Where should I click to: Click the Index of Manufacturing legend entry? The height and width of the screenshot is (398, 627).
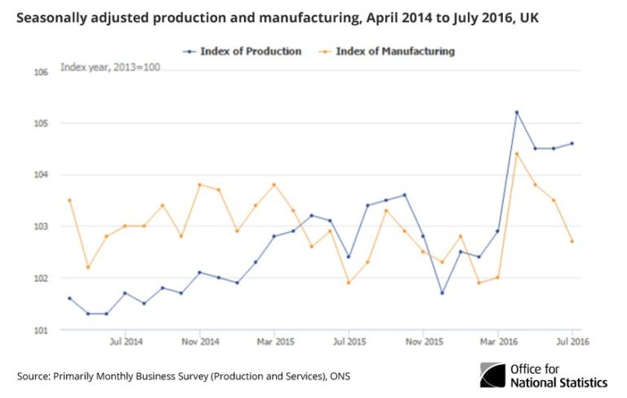[x=394, y=51]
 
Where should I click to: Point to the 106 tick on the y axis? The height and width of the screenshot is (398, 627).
[x=42, y=72]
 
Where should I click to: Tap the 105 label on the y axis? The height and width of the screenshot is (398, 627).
[x=42, y=123]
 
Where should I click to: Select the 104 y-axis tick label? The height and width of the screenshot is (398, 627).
[x=42, y=175]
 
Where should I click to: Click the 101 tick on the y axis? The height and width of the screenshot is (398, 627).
[x=42, y=330]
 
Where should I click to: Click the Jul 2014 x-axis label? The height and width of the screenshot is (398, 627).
[x=126, y=341]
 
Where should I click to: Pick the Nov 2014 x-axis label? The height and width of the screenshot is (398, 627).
[x=200, y=341]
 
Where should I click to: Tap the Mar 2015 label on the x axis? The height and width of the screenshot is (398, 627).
[x=274, y=341]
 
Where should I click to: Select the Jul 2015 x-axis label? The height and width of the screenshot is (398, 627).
[x=349, y=341]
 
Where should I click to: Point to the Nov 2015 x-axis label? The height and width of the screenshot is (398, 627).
[x=424, y=341]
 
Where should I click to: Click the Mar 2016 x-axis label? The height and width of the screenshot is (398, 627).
[x=498, y=341]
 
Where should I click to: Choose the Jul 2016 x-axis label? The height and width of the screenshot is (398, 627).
[x=572, y=341]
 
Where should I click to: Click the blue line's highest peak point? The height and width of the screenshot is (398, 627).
[x=517, y=112]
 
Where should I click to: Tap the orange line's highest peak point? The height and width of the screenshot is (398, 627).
[x=517, y=154]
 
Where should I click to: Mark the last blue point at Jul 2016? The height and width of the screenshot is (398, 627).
[x=571, y=143]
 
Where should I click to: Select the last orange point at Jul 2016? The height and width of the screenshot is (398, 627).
[x=571, y=241]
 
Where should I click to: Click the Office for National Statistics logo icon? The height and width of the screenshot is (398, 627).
[x=493, y=375]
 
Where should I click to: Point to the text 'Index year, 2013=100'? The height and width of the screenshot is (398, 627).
[x=110, y=66]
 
